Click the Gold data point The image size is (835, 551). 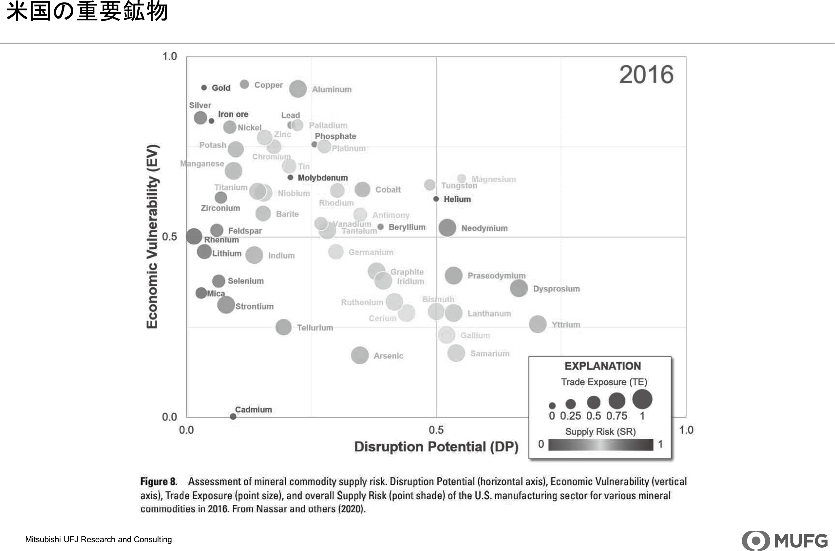tap(204, 88)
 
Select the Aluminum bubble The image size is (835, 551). tap(298, 89)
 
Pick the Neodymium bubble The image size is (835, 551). tap(447, 228)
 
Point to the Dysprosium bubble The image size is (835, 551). tap(518, 288)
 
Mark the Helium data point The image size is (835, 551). tap(436, 199)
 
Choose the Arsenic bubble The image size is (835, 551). tap(360, 355)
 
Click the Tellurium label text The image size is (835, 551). tap(315, 327)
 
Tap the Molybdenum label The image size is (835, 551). tap(322, 178)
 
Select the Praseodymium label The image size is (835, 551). tap(496, 275)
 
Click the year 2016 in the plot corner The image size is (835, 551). tap(646, 75)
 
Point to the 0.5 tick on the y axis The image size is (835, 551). tap(169, 237)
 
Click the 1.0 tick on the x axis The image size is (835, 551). tap(686, 430)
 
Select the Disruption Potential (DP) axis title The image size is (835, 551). tap(436, 447)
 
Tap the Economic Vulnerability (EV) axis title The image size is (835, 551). tap(152, 237)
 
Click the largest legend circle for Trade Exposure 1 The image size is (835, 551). tap(642, 399)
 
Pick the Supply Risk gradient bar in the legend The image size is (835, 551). tap(600, 445)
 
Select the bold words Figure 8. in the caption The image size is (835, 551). tap(158, 481)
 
